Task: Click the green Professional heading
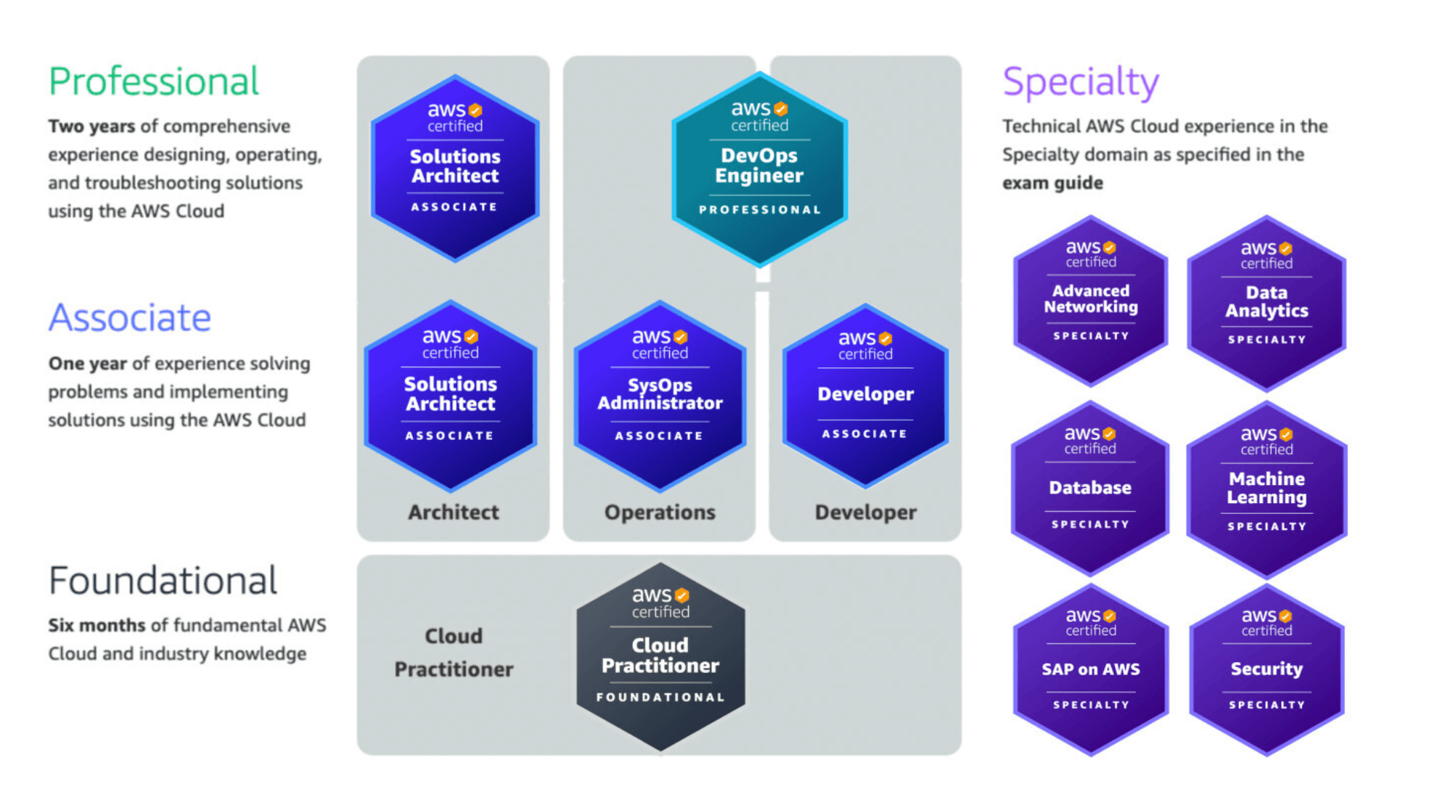click(x=153, y=81)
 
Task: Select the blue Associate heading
click(x=130, y=318)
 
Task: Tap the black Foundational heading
click(x=163, y=581)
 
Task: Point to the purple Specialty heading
click(x=1080, y=83)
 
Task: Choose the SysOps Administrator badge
click(x=660, y=396)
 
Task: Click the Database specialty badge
click(x=1090, y=488)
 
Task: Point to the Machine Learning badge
click(x=1266, y=489)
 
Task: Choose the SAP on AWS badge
click(x=1090, y=669)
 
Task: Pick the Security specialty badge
click(x=1266, y=669)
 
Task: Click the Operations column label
click(x=660, y=513)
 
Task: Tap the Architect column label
click(x=454, y=513)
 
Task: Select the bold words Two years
click(x=91, y=126)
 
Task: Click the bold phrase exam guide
click(x=1052, y=183)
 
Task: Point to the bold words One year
click(x=87, y=363)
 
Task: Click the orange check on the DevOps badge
click(x=781, y=109)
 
